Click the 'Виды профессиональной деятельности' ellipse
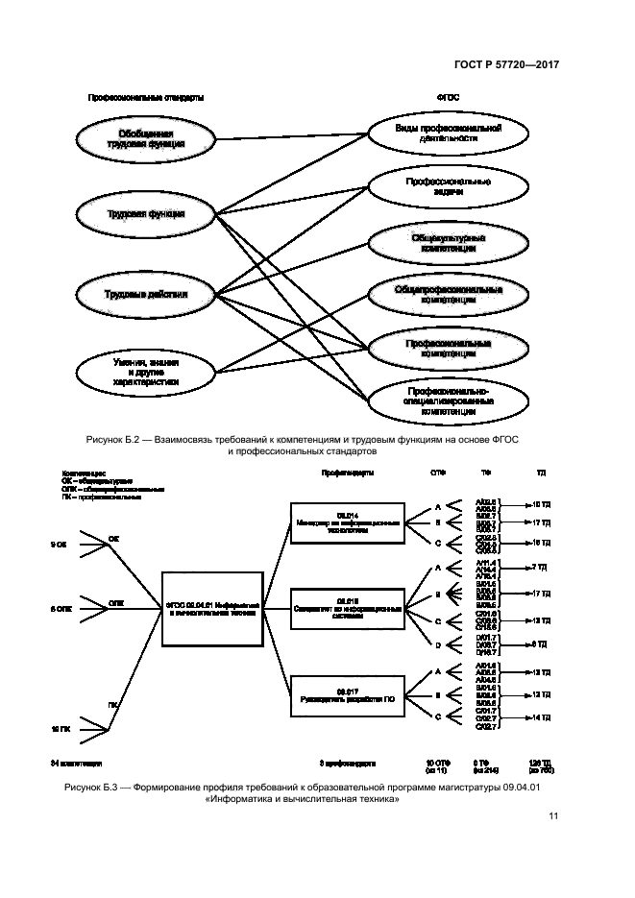click(x=435, y=132)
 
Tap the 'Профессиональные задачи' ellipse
click(x=435, y=185)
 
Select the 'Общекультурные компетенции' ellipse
click(x=435, y=242)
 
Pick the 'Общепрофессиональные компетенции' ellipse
click(x=435, y=294)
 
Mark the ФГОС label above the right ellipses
click(x=447, y=97)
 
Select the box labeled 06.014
click(x=348, y=521)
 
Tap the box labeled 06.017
click(x=348, y=696)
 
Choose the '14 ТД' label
click(x=536, y=717)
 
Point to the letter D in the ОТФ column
click(x=438, y=644)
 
